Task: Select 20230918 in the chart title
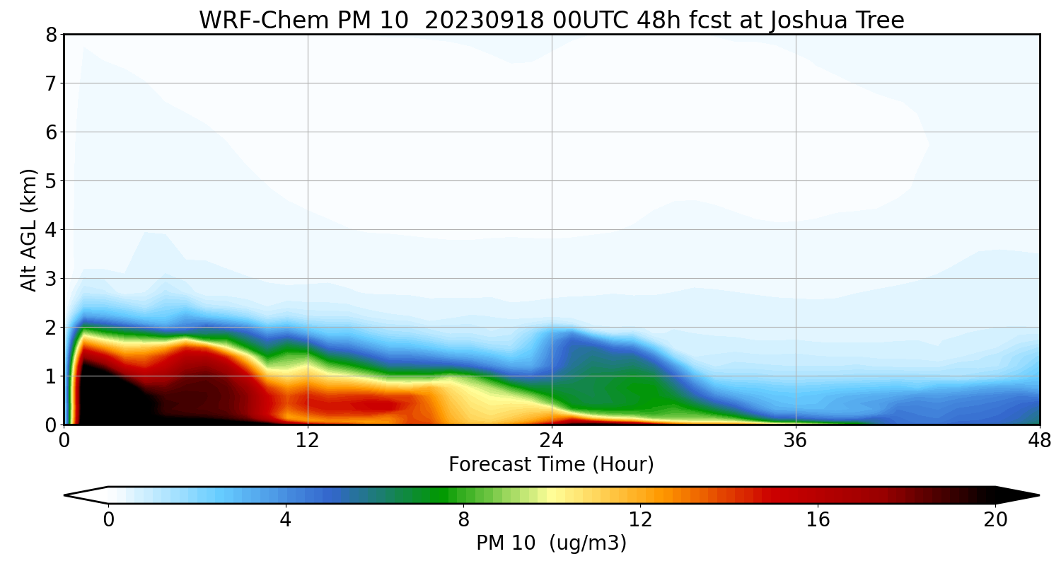(485, 20)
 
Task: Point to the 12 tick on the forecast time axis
(308, 440)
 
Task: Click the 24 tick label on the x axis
(552, 440)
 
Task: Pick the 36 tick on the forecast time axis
(796, 440)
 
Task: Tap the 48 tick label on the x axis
(1039, 440)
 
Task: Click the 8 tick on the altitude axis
(50, 35)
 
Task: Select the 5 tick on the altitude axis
(50, 181)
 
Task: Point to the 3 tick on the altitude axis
(50, 279)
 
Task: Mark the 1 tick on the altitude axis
(50, 376)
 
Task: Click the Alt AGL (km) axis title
(28, 229)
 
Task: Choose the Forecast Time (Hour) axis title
(551, 465)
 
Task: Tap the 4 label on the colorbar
(285, 520)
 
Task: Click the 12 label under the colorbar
(640, 520)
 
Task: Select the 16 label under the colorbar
(818, 520)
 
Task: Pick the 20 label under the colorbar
(995, 520)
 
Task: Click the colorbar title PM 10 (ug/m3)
(551, 543)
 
